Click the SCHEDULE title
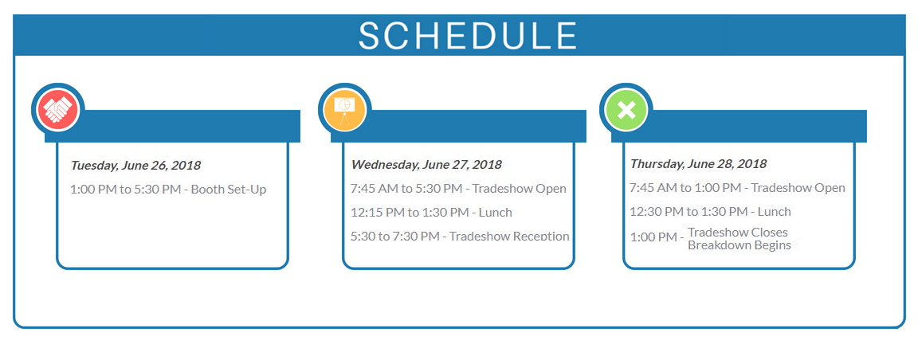pos(467,36)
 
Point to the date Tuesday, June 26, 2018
pos(135,165)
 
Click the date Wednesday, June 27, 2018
pos(426,165)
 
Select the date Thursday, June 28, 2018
pos(698,164)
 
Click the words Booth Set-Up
pos(229,190)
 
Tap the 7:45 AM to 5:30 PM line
pos(458,189)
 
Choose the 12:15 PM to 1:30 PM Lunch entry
pos(431,213)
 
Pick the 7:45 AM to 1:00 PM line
pos(737,188)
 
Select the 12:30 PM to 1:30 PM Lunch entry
pos(710,212)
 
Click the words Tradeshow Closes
pos(738,233)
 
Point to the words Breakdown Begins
pos(739,245)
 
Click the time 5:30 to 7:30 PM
pos(395,237)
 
